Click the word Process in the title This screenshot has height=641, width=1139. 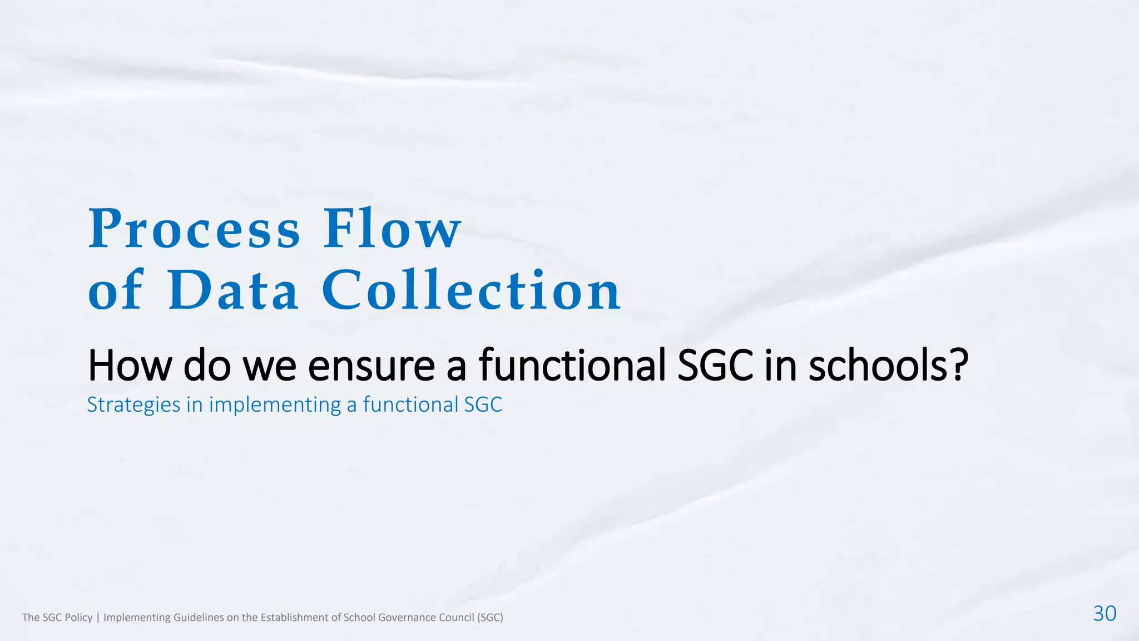coord(194,229)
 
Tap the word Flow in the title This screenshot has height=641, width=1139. coord(392,229)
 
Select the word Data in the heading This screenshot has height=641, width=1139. coord(233,290)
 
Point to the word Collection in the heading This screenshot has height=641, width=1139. coord(471,290)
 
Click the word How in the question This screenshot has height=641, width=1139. coord(130,366)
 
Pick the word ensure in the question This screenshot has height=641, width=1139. coord(371,366)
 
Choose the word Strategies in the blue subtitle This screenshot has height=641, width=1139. coord(133,405)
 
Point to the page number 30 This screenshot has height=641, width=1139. coord(1105,613)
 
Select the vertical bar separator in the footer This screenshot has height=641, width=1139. coord(98,617)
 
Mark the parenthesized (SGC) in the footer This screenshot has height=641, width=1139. coord(490,617)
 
